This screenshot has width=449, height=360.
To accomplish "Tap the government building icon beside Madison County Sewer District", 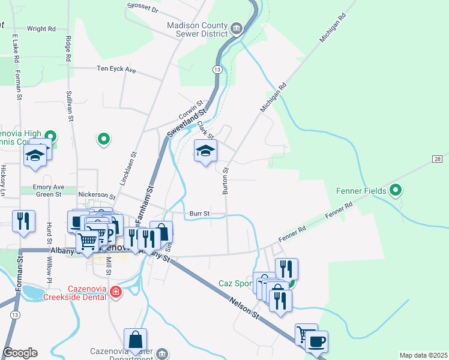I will tap(237, 28).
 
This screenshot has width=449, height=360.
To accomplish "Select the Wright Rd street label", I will tap(41, 28).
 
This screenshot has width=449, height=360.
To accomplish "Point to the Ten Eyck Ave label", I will tap(117, 70).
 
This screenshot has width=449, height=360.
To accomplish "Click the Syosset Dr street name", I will tap(143, 8).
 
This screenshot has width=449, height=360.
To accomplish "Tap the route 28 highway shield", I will tap(436, 158).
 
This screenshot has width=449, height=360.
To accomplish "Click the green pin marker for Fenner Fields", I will tap(395, 191).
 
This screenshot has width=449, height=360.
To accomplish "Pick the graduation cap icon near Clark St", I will tap(205, 151).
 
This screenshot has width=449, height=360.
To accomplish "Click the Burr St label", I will tap(199, 213).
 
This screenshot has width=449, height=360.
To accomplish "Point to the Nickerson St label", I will tap(97, 196).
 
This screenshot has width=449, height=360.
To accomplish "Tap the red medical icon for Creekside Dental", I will tap(116, 292).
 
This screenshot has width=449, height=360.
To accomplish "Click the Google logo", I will tap(20, 353).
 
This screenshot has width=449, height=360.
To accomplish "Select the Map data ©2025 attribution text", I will tap(423, 355).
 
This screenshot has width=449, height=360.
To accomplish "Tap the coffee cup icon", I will tap(316, 341).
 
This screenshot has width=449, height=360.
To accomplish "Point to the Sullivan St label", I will tap(70, 107).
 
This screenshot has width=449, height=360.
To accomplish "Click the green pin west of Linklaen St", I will tap(104, 139).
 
